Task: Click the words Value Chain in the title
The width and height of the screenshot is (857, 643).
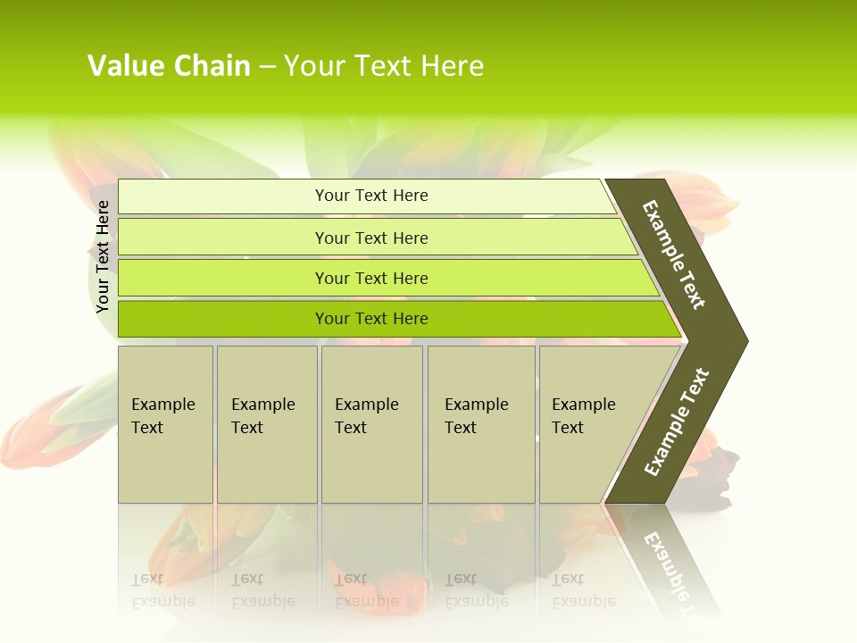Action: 169,66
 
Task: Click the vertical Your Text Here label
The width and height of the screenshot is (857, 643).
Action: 103,256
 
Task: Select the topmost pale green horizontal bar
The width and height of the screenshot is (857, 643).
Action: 223,196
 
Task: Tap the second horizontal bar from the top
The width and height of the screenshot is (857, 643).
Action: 223,238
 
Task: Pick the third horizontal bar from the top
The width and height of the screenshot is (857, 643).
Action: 223,278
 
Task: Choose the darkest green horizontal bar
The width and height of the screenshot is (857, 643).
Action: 223,319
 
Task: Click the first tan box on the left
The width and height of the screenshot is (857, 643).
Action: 165,464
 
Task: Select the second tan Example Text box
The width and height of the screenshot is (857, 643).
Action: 267,464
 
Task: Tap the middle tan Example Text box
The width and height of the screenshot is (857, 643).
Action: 371,464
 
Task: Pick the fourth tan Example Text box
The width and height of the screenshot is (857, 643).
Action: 481,464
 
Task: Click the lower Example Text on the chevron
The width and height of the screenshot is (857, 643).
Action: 677,422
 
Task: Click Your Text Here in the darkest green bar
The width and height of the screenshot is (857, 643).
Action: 371,319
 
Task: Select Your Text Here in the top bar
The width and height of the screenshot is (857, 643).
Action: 371,196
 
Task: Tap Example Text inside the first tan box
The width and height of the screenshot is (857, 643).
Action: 162,415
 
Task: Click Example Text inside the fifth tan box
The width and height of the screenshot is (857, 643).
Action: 583,415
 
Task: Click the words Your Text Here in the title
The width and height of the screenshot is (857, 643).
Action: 384,66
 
